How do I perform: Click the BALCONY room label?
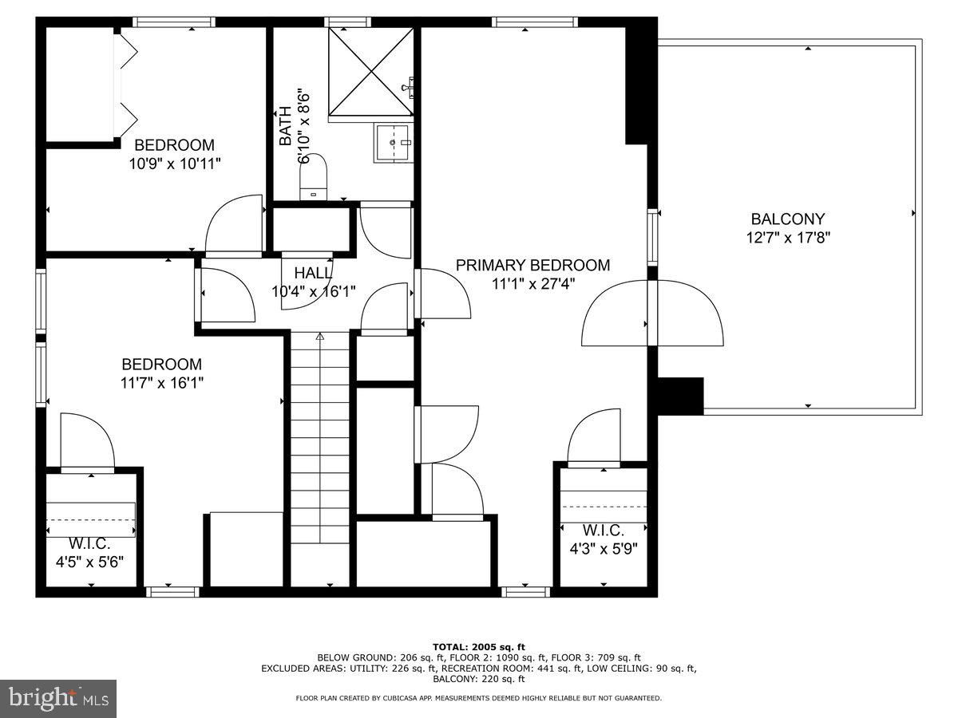tap(787, 219)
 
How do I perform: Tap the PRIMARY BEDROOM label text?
tap(532, 266)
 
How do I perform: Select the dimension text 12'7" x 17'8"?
tap(787, 237)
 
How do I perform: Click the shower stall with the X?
tap(371, 72)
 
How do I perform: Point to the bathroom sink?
tap(392, 144)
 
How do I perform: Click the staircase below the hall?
tap(319, 455)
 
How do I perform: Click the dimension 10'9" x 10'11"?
tap(174, 164)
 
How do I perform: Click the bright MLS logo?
tap(58, 698)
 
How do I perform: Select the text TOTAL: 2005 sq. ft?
tap(478, 646)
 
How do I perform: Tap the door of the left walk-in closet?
tap(88, 443)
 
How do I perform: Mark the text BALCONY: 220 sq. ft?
tap(478, 679)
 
